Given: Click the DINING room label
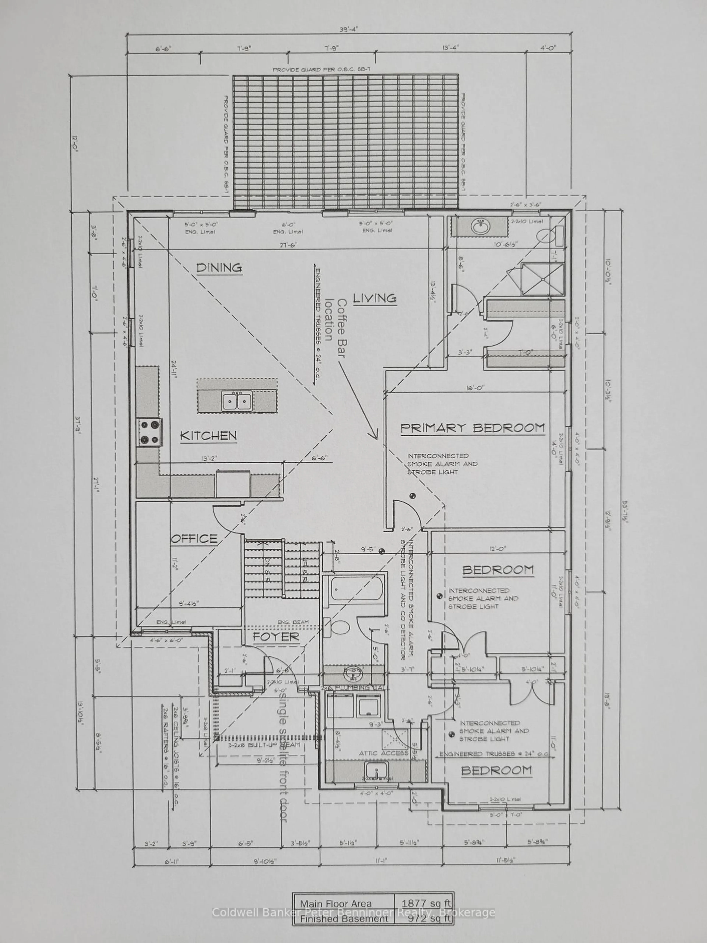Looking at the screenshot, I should pyautogui.click(x=219, y=268).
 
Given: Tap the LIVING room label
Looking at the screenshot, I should pyautogui.click(x=375, y=298).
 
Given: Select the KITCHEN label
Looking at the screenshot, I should pyautogui.click(x=208, y=436).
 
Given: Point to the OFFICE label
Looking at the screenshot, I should pyautogui.click(x=194, y=539).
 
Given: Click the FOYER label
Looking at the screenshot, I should pyautogui.click(x=276, y=637).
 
